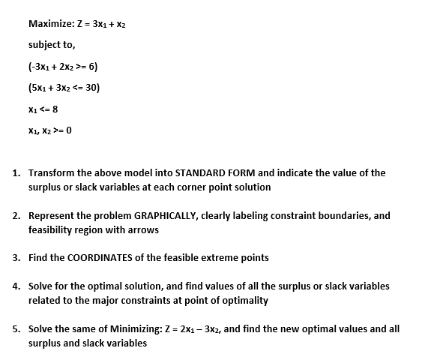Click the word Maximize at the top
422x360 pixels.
50,23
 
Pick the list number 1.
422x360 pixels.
16,172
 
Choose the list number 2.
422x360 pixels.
16,215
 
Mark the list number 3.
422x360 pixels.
16,257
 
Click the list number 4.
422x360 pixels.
16,286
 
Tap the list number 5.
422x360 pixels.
16,328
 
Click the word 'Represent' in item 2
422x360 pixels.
52,215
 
